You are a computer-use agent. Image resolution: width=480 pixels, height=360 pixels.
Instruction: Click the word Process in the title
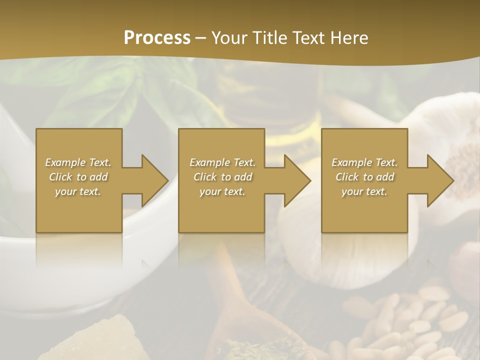157,37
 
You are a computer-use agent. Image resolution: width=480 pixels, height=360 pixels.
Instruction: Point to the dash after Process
200,38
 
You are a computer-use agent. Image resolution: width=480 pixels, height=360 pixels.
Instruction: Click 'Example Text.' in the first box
78,162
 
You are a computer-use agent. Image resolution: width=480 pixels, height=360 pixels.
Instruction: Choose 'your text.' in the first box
78,191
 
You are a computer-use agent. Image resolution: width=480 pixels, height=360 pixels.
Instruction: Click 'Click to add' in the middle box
222,177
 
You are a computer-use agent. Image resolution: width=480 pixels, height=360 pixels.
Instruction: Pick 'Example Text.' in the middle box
222,162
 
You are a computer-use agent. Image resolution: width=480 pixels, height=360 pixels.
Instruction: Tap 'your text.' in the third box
364,191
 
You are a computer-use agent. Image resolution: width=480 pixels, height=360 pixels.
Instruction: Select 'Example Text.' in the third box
364,162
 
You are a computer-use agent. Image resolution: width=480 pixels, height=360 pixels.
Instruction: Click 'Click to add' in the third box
364,177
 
